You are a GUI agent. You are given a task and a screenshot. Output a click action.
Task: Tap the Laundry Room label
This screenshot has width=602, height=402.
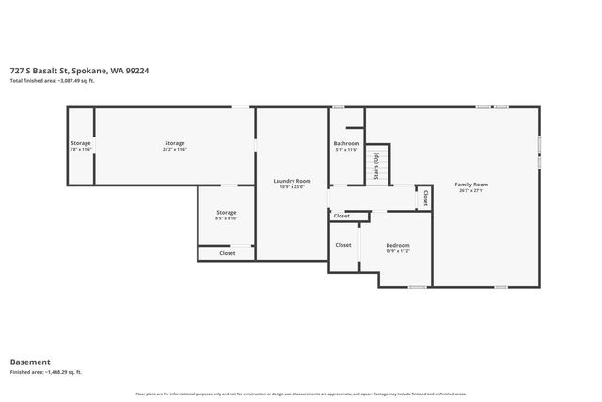click(x=292, y=180)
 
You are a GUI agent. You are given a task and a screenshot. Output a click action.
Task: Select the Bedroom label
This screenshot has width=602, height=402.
click(x=398, y=245)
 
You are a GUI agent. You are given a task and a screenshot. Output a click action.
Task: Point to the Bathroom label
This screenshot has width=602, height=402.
click(x=346, y=143)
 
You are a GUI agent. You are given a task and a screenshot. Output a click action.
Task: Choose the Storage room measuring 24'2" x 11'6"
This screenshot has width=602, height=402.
click(x=174, y=143)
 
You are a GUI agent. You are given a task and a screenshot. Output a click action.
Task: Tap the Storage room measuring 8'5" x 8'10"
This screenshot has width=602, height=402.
click(x=226, y=212)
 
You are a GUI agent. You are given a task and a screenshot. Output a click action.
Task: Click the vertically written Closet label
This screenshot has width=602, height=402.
click(x=425, y=199)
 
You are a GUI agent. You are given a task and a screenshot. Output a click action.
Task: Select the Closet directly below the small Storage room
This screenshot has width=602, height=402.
click(x=227, y=253)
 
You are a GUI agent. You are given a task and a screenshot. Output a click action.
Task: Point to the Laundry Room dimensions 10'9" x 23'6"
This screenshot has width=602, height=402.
click(x=292, y=186)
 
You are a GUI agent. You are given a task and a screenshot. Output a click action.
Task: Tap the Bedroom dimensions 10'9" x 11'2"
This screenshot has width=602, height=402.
click(x=398, y=251)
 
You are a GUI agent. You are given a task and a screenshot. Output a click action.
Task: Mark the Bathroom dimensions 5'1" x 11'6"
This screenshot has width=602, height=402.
click(x=346, y=150)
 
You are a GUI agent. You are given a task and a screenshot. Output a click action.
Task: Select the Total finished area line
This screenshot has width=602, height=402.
click(x=52, y=81)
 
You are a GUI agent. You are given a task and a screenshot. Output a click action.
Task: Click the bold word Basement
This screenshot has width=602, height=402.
click(x=30, y=362)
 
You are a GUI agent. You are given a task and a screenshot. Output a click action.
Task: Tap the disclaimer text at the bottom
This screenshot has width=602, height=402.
click(x=300, y=393)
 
